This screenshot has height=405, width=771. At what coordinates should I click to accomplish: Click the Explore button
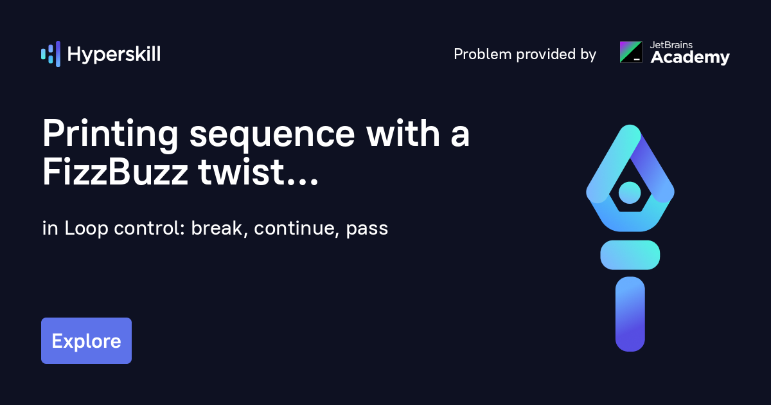tap(86, 341)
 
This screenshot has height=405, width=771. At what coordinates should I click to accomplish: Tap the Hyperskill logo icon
tap(50, 54)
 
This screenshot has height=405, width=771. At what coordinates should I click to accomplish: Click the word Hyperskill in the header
tap(114, 55)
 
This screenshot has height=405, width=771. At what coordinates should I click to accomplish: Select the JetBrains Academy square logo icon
tap(630, 52)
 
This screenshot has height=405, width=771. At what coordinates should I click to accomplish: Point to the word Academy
tap(690, 58)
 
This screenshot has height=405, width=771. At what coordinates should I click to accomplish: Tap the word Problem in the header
tap(479, 55)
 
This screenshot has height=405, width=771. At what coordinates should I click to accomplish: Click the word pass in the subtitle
tap(367, 229)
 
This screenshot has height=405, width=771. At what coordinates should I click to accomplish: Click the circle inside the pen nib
tap(630, 192)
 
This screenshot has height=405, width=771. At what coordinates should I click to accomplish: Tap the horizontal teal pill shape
tap(630, 255)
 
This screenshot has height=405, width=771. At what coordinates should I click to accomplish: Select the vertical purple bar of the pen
tap(630, 314)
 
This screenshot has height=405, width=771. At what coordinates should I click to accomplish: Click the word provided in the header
tap(538, 55)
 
